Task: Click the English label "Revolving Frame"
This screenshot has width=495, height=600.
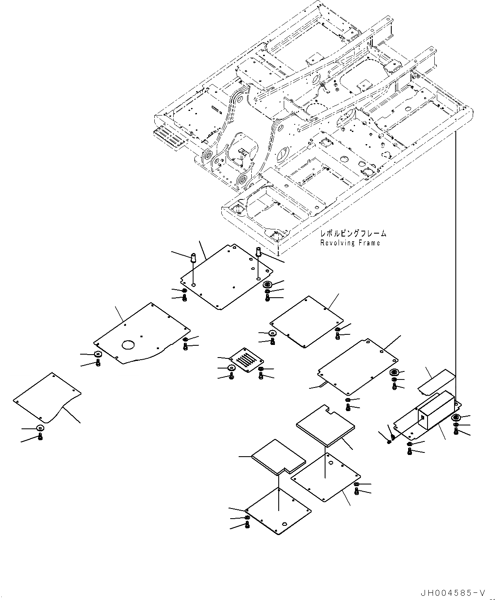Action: tap(350, 243)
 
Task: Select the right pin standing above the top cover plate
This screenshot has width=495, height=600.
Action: tap(258, 251)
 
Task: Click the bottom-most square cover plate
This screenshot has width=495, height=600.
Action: tap(278, 511)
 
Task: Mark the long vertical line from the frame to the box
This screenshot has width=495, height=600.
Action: tap(456, 261)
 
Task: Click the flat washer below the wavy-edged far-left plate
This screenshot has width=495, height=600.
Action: tap(40, 428)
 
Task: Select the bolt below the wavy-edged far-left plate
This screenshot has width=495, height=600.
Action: tap(40, 437)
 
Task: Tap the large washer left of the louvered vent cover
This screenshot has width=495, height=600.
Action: tap(231, 368)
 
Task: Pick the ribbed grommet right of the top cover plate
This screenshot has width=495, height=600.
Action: tap(268, 285)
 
